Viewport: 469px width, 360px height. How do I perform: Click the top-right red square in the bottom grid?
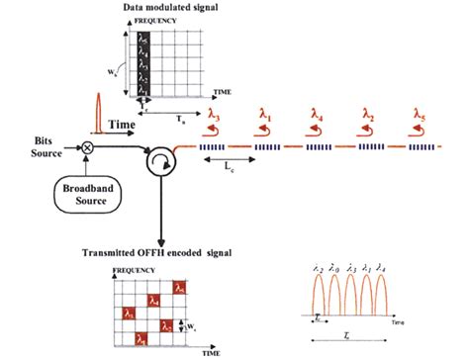pos(179,288)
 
